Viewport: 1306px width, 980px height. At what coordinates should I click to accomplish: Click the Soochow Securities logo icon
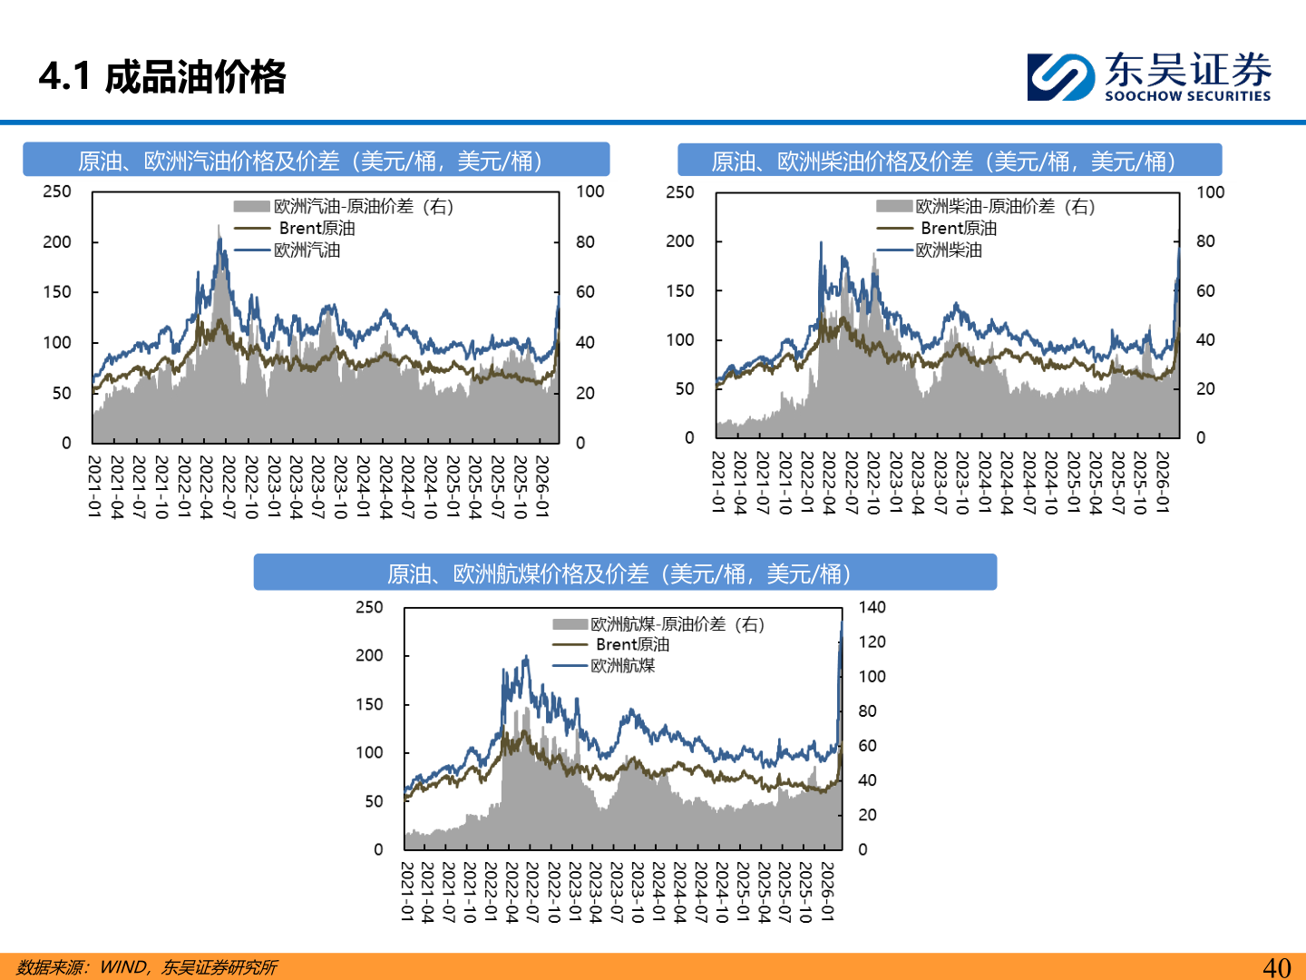(x=1060, y=77)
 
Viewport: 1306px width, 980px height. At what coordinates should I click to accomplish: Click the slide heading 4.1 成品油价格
(x=162, y=77)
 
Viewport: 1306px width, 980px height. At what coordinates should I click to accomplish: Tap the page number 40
(x=1276, y=967)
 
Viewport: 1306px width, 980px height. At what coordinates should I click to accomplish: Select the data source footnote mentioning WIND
(x=147, y=967)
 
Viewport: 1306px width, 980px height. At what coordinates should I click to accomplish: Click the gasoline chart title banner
(x=316, y=161)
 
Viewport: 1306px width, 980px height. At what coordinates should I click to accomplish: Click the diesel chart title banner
(x=949, y=161)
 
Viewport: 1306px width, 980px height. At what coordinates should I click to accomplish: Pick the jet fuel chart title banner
(x=624, y=573)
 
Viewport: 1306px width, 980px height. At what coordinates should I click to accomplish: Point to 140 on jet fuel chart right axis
(x=872, y=607)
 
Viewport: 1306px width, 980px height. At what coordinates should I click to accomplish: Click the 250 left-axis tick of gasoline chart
(x=57, y=191)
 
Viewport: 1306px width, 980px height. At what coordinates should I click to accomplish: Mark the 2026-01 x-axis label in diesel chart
(x=1162, y=482)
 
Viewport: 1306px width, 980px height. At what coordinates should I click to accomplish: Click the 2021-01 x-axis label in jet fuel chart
(x=407, y=892)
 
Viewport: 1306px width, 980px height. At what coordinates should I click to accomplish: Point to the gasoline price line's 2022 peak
(x=219, y=239)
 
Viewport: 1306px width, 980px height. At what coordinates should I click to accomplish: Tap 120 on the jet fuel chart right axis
(x=872, y=642)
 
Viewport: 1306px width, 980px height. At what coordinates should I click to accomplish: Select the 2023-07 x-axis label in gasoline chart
(x=317, y=487)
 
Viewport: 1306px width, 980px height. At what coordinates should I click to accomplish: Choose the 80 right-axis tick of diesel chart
(x=1205, y=241)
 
